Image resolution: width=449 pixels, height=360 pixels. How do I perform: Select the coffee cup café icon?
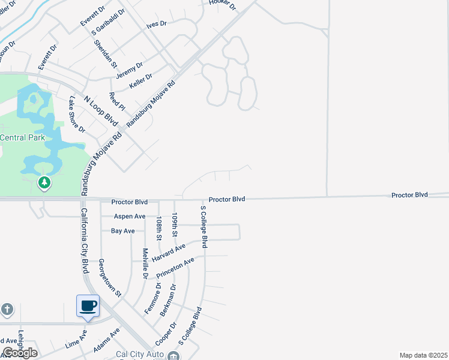[88, 306]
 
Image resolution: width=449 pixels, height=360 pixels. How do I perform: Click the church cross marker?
[7, 310]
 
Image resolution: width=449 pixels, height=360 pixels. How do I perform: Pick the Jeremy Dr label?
[130, 69]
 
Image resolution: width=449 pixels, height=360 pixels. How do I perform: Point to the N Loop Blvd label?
[101, 110]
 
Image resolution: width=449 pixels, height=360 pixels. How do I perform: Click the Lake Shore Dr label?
[77, 114]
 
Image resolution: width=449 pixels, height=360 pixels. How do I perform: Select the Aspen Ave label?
[128, 216]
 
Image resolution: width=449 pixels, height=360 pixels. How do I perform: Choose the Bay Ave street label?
[123, 230]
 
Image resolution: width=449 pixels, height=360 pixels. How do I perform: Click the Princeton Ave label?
[175, 268]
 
